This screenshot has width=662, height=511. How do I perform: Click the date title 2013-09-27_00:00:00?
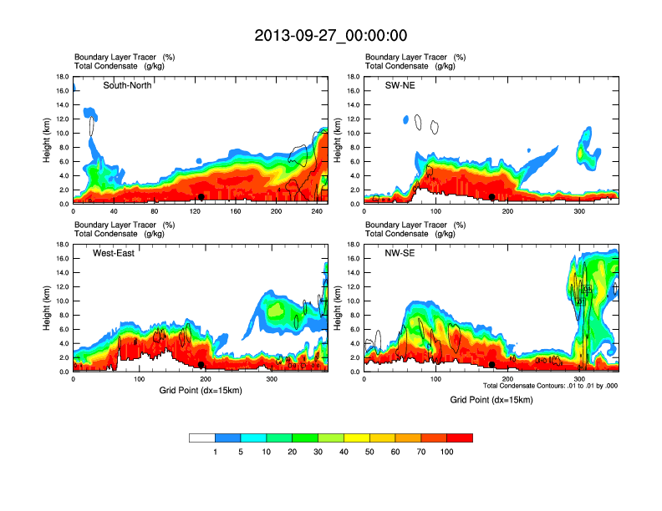point(331,35)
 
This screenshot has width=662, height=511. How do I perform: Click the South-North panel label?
point(127,85)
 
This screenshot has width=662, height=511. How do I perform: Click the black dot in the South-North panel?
point(201,197)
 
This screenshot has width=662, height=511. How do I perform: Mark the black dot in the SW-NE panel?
point(492,197)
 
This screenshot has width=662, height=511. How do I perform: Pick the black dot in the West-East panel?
point(201,365)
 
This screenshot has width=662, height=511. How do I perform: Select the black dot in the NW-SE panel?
point(492,365)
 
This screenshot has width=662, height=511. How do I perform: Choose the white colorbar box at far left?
point(202,438)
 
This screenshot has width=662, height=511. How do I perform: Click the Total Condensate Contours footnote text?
point(550,386)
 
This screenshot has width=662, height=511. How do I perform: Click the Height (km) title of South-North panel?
point(48,140)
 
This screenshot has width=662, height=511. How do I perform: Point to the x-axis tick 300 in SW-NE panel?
point(579,212)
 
